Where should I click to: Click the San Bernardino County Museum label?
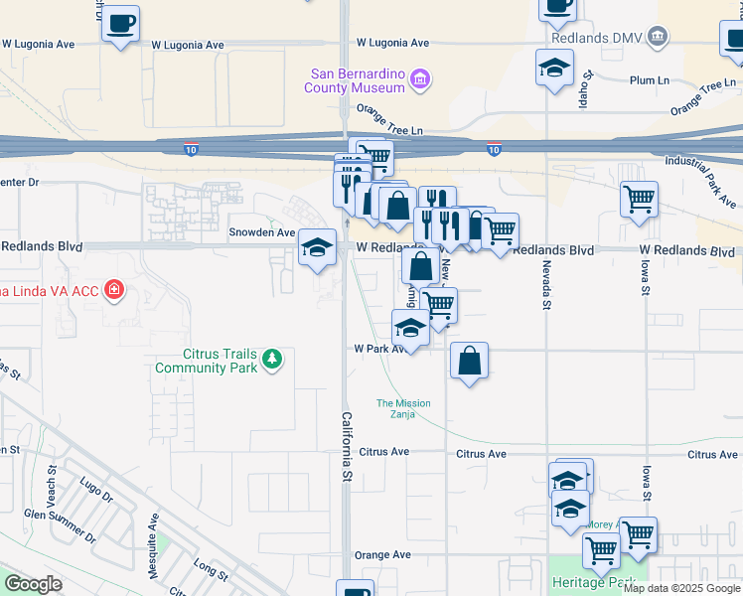coord(359,79)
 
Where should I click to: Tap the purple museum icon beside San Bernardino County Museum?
coord(419,78)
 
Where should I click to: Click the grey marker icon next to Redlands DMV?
coord(657,38)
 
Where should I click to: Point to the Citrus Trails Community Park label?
coord(206,361)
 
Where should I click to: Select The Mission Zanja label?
coord(403,408)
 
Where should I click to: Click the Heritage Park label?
coord(593,583)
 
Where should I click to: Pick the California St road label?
coord(347,446)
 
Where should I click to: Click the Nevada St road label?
coord(545,285)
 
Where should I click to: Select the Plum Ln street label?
coord(650,80)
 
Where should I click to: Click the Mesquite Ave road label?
coord(154,533)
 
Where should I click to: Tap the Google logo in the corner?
coord(33,584)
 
